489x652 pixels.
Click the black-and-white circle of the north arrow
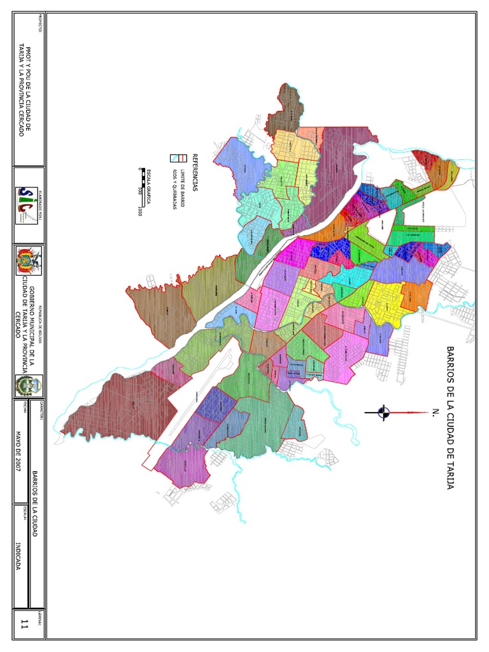383,413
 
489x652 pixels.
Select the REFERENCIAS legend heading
196,172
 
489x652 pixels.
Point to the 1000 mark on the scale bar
138,211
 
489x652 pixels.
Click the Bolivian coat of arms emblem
29,261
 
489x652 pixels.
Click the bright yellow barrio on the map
385,299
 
